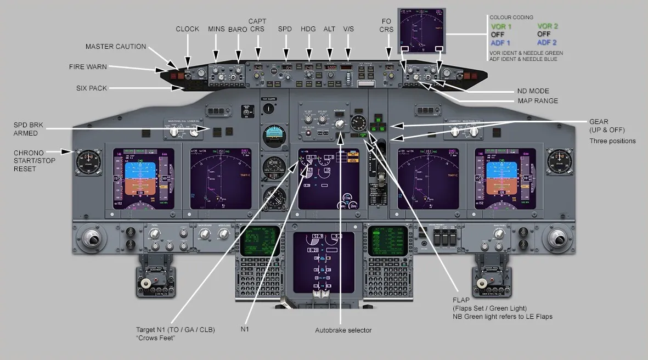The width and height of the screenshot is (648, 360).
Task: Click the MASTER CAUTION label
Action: pos(116,47)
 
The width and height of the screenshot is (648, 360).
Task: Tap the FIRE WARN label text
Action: pos(88,67)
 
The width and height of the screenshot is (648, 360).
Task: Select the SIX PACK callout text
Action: pos(92,88)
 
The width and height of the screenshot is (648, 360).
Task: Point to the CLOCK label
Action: pos(188,29)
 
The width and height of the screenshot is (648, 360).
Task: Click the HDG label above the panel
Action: pos(308,29)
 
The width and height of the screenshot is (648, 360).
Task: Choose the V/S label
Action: pos(349,29)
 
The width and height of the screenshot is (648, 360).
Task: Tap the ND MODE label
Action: pos(533,91)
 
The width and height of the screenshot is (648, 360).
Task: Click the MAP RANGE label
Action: pos(538,101)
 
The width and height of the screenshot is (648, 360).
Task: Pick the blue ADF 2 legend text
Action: pos(547,43)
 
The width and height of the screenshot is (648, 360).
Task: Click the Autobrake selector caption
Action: pos(343,330)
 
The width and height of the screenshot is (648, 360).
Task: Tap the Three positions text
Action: pos(612,141)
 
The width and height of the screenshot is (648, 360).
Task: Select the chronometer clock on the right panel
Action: pos(559,161)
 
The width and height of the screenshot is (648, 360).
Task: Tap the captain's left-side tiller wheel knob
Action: pos(92,239)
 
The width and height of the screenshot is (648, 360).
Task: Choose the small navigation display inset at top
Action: pos(421,31)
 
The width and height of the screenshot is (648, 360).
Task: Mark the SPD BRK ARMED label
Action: pos(29,129)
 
